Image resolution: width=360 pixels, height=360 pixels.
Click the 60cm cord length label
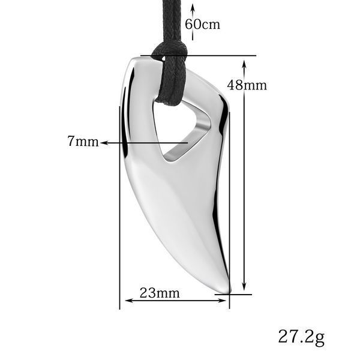pos(203,25)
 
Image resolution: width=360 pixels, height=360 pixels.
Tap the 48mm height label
pos(247,85)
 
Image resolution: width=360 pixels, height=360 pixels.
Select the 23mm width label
pos(160,293)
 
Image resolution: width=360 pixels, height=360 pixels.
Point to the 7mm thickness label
pos(83,141)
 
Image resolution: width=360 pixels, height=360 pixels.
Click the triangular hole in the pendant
pos(181,131)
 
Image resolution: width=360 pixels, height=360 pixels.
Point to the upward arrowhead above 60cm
pos(193,8)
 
